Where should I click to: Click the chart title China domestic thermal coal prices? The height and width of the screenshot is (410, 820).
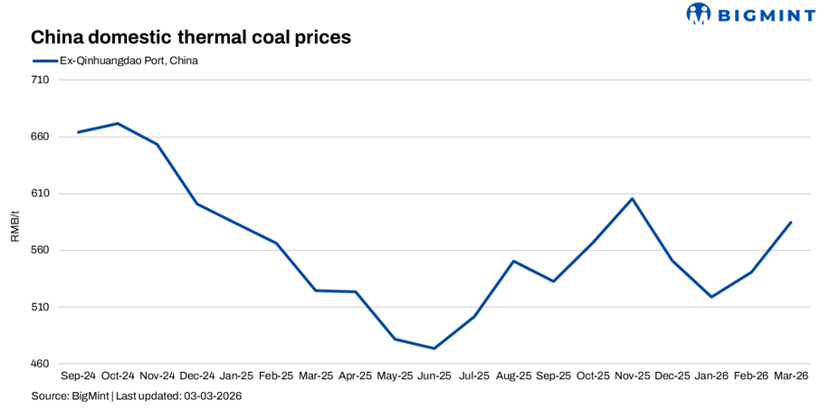point(190,38)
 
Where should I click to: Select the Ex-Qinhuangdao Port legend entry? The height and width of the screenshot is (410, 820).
point(117,61)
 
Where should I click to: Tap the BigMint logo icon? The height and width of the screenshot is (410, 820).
point(699,14)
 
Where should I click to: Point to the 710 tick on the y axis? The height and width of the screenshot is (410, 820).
point(40,81)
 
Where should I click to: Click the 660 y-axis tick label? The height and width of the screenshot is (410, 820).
point(40,137)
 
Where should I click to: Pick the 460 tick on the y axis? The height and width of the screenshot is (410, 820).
point(40,364)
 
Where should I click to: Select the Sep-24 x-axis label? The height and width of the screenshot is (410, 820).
point(79,376)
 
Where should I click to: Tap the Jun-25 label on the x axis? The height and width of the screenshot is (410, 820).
point(434,376)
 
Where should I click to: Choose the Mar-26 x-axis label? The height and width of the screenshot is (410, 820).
point(791,376)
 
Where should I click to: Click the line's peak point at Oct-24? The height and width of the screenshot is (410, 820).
point(119,123)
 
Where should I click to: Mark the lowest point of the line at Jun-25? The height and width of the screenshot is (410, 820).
point(434,348)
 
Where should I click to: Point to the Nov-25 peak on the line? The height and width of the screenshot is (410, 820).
point(633,198)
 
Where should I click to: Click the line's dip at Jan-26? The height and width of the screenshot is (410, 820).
point(711,297)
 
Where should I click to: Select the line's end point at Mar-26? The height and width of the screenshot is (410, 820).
point(791,222)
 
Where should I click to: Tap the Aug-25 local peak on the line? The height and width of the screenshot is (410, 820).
point(514,261)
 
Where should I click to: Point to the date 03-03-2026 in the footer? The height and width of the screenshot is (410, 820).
point(213,396)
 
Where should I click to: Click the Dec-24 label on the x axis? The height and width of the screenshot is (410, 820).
point(197,376)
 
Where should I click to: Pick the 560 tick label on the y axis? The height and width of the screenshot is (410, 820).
point(40,251)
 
